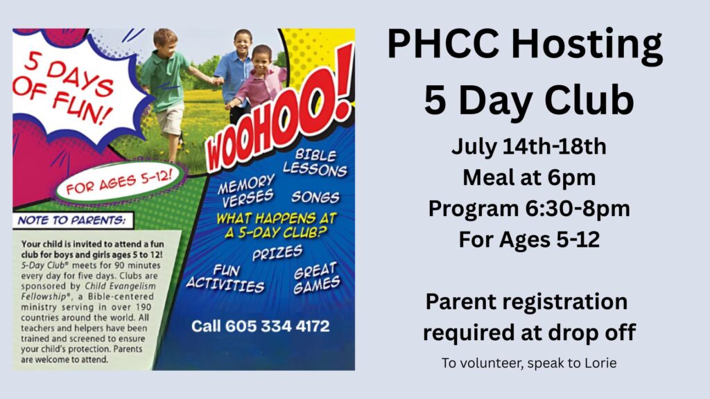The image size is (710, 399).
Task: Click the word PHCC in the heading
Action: click(443, 44)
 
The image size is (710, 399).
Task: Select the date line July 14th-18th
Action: click(528, 147)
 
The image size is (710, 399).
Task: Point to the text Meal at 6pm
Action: click(529, 177)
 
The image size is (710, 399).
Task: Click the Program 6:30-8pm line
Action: click(529, 209)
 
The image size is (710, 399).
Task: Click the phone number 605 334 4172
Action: click(277, 326)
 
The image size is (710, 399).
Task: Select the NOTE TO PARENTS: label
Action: click(72, 220)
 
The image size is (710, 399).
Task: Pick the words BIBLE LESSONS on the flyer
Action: click(315, 163)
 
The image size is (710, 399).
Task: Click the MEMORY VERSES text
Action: click(246, 190)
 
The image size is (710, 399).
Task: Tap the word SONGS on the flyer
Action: click(315, 197)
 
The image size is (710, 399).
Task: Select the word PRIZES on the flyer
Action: click(277, 252)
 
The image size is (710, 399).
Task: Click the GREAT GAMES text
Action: click(316, 278)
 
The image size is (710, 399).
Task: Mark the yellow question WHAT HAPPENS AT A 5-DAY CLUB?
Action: click(276, 225)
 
